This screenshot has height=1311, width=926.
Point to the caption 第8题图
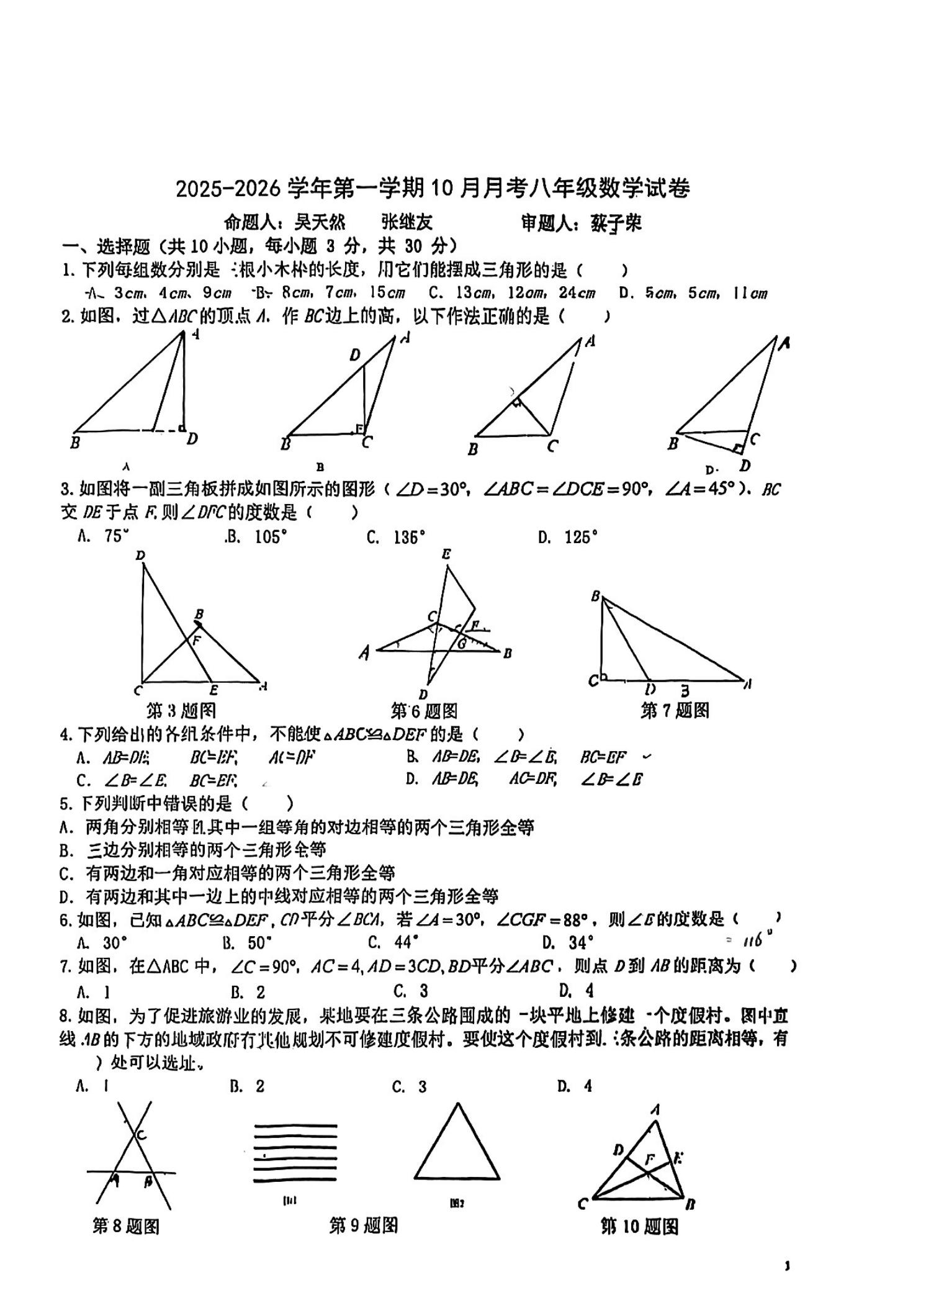pos(126,1226)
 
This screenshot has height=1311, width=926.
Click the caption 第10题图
pos(639,1227)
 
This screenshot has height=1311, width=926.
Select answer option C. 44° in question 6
pos(393,943)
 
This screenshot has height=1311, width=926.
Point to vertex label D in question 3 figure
pos(140,555)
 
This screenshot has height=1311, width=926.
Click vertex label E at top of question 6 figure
pos(446,554)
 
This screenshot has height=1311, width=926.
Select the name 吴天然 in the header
pos(320,222)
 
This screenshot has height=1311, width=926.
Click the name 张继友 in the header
pos(407,222)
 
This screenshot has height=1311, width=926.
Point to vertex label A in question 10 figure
pos(655,1109)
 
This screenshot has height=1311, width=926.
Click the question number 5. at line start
pos(67,804)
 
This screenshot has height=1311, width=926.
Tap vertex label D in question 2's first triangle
pos(192,439)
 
